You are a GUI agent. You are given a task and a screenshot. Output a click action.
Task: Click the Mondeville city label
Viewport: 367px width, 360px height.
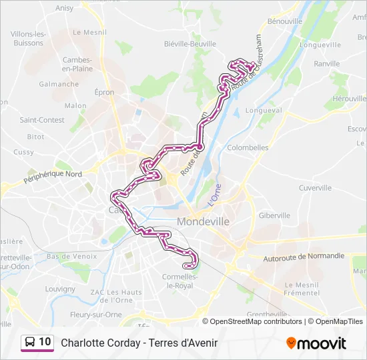[204, 221]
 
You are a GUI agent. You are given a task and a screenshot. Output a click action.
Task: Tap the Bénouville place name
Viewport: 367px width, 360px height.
[285, 21]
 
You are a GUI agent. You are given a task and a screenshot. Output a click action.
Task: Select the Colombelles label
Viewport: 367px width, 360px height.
[248, 147]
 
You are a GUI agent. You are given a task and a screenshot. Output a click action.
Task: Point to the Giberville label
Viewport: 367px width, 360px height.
[274, 215]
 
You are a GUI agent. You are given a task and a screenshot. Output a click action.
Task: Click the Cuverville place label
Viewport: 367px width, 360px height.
[315, 187]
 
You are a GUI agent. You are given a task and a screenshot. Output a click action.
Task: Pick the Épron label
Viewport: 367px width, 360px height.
[104, 93]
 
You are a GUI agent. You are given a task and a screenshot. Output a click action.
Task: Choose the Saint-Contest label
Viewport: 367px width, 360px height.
[42, 120]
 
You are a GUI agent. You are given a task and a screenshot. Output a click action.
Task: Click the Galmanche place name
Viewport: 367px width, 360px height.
[59, 84]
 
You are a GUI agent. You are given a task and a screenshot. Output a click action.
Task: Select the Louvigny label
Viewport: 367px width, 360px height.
[60, 289]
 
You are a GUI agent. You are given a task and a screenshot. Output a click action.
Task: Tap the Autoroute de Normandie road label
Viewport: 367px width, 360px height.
[304, 256]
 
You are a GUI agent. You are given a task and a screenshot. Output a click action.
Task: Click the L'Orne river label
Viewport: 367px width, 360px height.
[214, 195]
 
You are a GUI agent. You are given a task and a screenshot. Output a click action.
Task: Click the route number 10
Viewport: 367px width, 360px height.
[45, 342]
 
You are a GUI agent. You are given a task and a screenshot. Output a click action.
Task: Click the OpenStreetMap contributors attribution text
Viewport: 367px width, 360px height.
[256, 321]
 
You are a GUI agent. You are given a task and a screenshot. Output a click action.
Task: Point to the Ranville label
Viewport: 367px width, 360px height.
[326, 64]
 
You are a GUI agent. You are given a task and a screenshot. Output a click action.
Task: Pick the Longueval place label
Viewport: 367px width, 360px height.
[264, 110]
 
